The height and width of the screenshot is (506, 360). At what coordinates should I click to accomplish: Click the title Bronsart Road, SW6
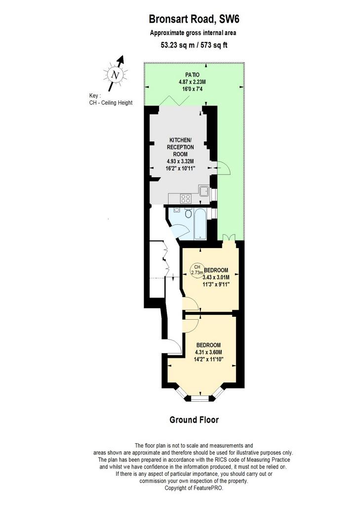point(194,19)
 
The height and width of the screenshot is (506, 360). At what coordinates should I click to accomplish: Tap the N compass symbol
point(115,75)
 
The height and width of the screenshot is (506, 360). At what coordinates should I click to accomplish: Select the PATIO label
point(192,75)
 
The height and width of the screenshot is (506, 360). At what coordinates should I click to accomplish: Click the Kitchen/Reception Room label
point(180,147)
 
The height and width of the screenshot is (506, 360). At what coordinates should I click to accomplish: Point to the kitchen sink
point(204,192)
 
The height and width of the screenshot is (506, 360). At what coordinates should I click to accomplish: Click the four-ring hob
point(186,199)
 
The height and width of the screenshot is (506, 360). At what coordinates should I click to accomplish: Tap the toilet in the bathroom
point(188,213)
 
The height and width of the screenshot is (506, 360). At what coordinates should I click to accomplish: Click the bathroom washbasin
point(176,210)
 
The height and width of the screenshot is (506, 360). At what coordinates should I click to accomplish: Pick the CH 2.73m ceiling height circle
point(197,269)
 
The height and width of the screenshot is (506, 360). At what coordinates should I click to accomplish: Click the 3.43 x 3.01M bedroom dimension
point(216,277)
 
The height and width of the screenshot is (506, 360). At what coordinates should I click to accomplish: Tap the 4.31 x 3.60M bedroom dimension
point(208,352)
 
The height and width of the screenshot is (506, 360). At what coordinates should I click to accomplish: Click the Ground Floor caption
point(194,420)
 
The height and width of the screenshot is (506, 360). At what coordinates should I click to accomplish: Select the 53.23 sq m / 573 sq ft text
point(194,45)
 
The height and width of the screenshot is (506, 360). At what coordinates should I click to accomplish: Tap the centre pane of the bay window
point(200,400)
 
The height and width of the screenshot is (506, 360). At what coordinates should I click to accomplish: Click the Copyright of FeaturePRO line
point(194,488)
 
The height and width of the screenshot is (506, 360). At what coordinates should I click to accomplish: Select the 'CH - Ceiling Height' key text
point(111,103)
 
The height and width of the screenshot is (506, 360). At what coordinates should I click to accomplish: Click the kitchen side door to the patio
point(223,168)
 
